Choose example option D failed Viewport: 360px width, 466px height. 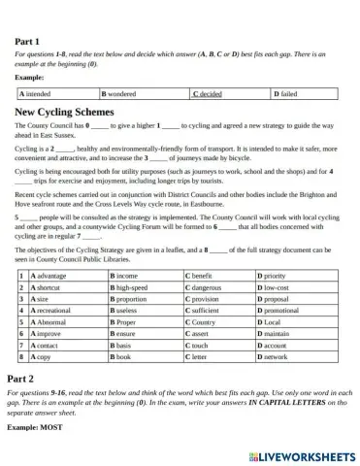click(283, 94)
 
